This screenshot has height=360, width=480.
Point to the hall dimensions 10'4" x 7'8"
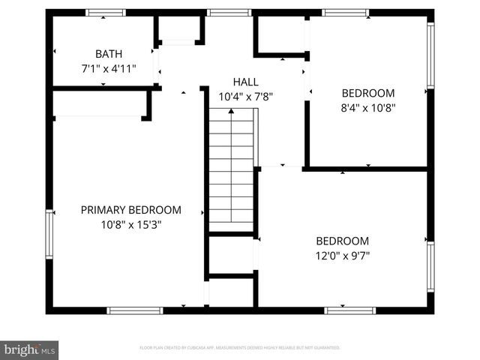click(245, 96)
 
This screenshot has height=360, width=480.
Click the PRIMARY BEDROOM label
click(130, 210)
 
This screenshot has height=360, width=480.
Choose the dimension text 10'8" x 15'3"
click(130, 224)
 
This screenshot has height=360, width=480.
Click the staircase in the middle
click(231, 169)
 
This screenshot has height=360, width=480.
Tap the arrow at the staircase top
click(231, 112)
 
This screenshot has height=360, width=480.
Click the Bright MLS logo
click(30, 349)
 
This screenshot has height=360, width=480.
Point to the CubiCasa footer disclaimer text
click(240, 348)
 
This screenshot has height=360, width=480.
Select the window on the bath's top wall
click(105, 13)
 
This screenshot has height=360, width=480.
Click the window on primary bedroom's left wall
click(49, 234)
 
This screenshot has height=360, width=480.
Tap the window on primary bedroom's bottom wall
click(134, 310)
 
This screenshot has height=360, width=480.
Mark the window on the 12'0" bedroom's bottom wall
click(349, 310)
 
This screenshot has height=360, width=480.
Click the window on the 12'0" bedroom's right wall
click(430, 265)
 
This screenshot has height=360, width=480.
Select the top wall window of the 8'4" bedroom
click(345, 13)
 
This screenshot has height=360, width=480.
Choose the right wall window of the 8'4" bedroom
click(430, 55)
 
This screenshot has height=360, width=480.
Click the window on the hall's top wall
click(229, 13)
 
